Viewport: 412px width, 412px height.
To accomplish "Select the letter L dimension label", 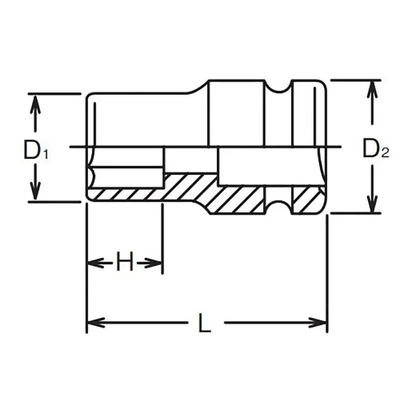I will [205, 323].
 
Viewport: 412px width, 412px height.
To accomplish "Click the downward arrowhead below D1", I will [35, 193].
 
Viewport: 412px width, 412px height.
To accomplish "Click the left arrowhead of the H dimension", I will [93, 263].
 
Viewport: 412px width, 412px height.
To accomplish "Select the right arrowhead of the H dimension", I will [156, 263].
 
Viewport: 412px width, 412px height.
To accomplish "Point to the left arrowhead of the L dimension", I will [94, 323].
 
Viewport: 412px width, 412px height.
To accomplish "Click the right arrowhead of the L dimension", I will [320, 323].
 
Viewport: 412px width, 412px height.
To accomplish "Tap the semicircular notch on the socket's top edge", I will [279, 88].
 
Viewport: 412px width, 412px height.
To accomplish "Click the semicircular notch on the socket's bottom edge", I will [279, 206].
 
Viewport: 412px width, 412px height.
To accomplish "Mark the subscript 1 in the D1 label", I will [45, 153].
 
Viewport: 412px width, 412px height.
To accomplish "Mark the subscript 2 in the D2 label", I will [385, 153].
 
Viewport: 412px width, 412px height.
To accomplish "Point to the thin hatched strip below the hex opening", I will [124, 195].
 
